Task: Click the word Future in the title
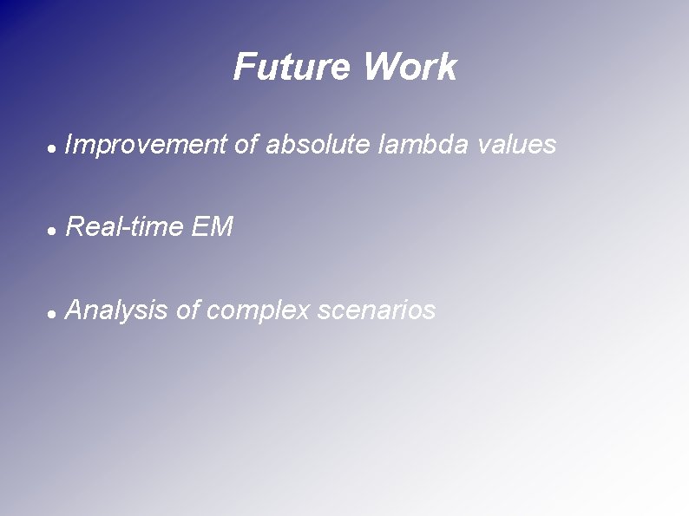click(x=291, y=68)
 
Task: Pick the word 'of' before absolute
click(x=246, y=146)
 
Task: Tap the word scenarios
click(x=377, y=310)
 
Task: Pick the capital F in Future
click(x=244, y=68)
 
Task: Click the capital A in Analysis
click(x=75, y=310)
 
